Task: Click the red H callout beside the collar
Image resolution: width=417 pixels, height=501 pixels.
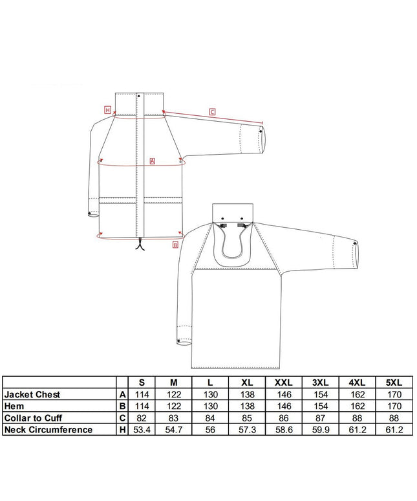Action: (108, 110)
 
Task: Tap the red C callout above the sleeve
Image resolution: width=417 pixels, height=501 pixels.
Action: (212, 112)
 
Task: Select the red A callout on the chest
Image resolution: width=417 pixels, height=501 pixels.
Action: (152, 161)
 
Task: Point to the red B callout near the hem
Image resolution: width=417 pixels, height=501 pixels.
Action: (175, 245)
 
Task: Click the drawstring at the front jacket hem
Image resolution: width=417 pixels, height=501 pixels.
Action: (140, 245)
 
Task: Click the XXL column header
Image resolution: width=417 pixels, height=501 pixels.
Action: (284, 383)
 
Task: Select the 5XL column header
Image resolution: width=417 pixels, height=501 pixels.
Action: (394, 383)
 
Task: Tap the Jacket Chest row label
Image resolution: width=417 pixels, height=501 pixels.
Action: (32, 394)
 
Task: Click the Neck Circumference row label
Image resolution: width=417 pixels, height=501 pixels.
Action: (48, 430)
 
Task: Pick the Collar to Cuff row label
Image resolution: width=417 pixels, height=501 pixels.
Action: (33, 418)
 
